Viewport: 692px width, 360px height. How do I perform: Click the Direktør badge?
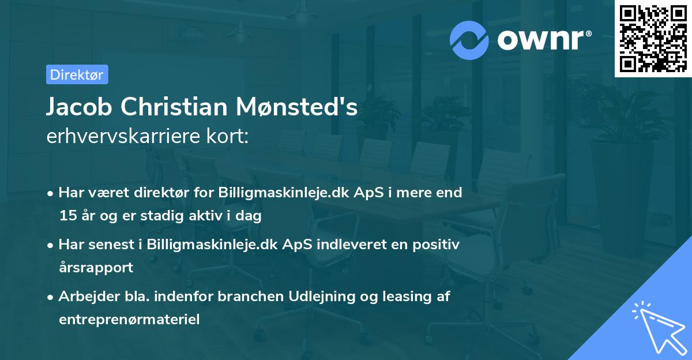[77, 74]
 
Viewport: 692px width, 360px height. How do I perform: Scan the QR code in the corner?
[652, 38]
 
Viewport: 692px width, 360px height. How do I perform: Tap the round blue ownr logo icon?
[469, 40]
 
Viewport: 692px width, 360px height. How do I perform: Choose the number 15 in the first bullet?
[67, 216]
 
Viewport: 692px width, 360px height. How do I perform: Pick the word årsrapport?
[96, 267]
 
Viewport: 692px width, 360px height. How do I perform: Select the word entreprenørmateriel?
[129, 319]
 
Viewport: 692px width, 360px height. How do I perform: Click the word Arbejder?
[85, 297]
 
